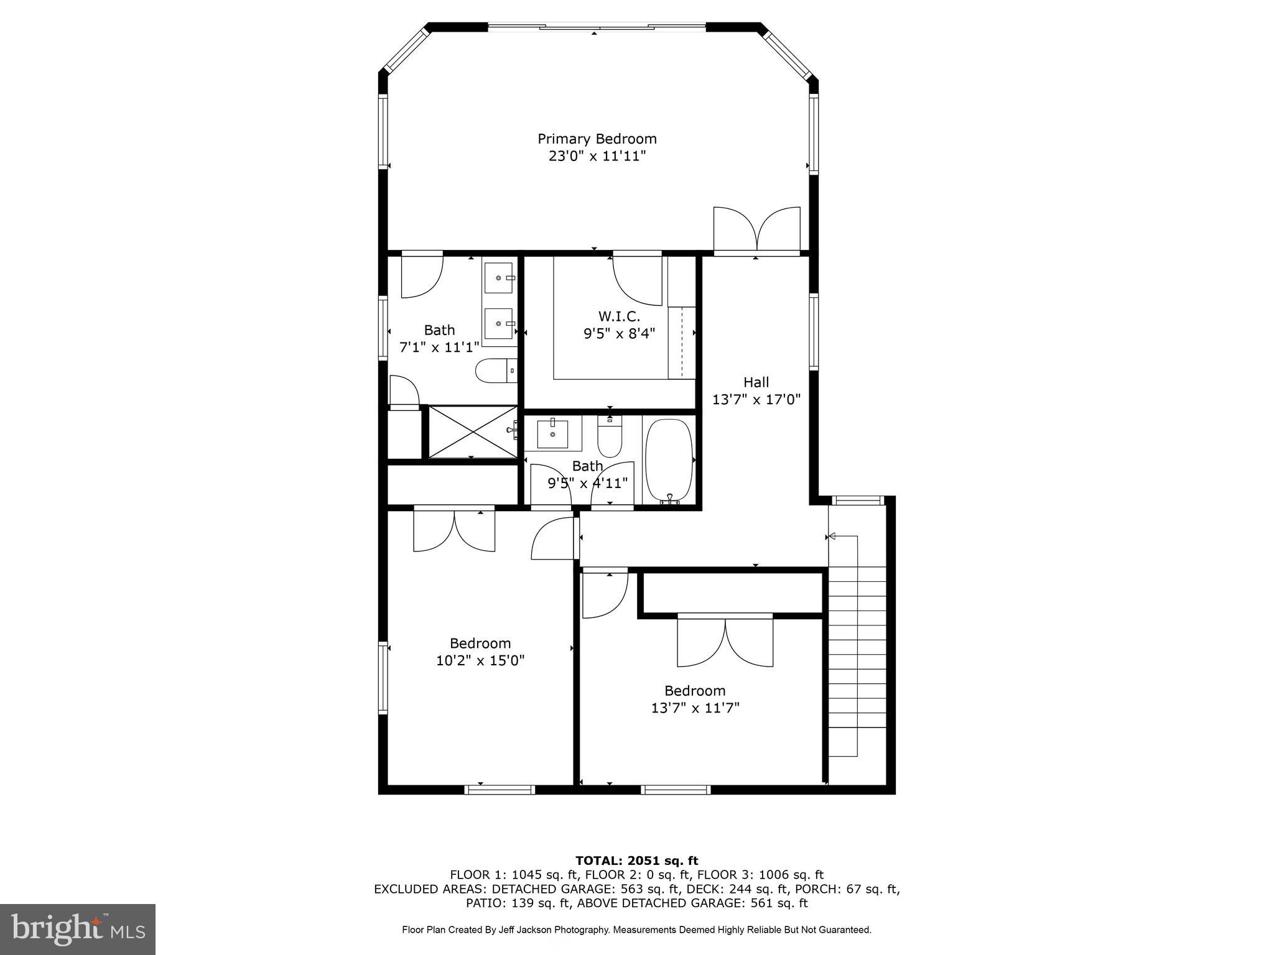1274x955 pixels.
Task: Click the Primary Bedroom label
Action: [597, 139]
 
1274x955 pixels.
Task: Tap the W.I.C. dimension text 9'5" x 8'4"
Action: [619, 334]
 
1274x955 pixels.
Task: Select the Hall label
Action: [756, 382]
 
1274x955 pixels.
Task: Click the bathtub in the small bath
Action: [669, 459]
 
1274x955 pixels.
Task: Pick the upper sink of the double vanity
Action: [499, 278]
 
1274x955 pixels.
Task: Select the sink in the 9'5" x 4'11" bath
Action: [552, 433]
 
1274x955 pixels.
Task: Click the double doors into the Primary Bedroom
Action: [756, 231]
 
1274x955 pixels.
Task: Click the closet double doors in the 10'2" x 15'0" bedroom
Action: [454, 530]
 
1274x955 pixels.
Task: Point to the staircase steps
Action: [857, 647]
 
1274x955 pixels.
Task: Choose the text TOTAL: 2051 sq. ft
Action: [636, 860]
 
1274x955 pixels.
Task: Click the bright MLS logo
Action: [78, 929]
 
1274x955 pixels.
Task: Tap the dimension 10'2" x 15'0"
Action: [480, 660]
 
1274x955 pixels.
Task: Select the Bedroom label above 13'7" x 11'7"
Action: [695, 691]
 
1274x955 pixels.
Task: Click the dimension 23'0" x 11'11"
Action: [597, 156]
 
